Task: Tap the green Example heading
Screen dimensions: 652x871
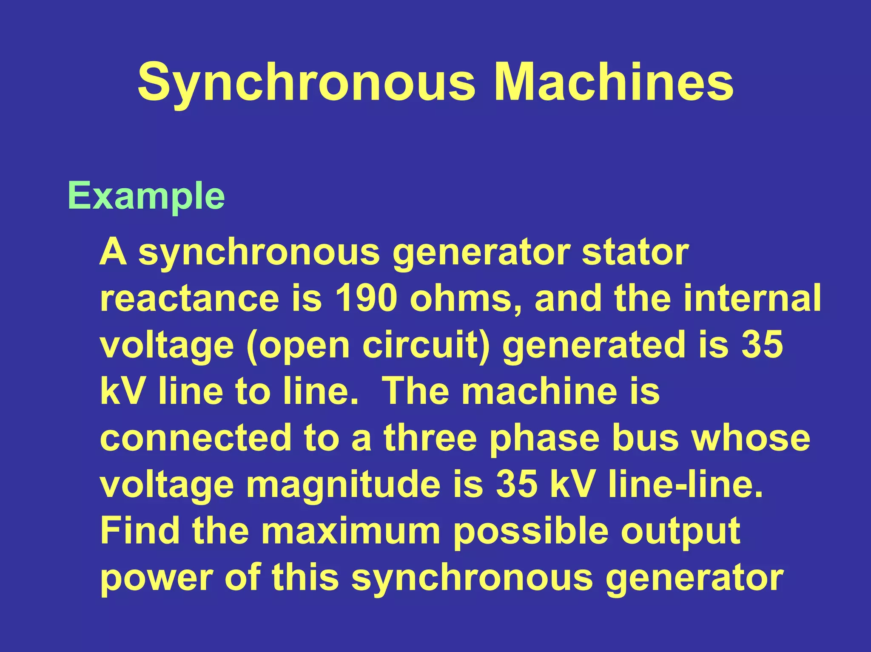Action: [146, 196]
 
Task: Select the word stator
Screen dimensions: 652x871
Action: [635, 252]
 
